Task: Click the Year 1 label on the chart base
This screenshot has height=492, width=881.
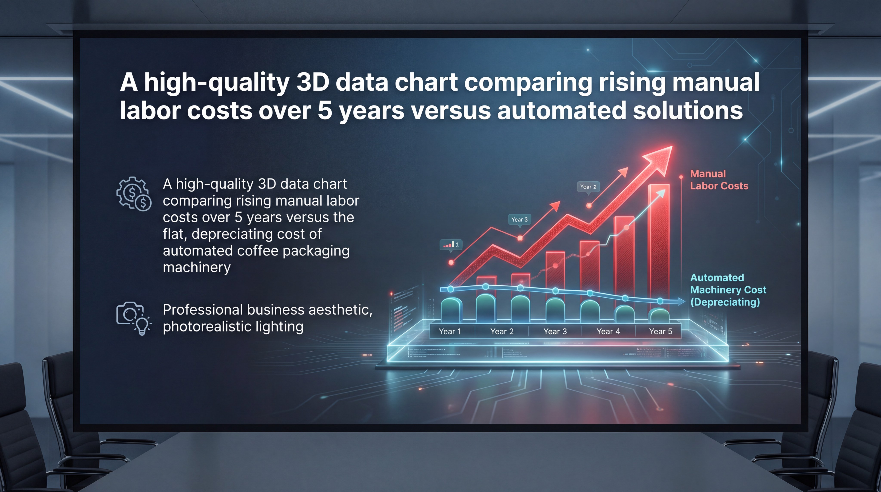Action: (450, 331)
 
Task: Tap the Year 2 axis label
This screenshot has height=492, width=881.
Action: (502, 331)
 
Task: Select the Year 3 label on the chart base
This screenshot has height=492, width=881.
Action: (555, 331)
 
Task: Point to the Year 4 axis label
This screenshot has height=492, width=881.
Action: (608, 331)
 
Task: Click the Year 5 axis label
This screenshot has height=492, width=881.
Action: (660, 331)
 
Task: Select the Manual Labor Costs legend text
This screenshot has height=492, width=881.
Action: (719, 180)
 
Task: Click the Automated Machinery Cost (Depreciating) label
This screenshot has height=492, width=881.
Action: (728, 290)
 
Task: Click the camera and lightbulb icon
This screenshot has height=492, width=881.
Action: (133, 318)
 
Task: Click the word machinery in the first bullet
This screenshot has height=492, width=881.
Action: (197, 267)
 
